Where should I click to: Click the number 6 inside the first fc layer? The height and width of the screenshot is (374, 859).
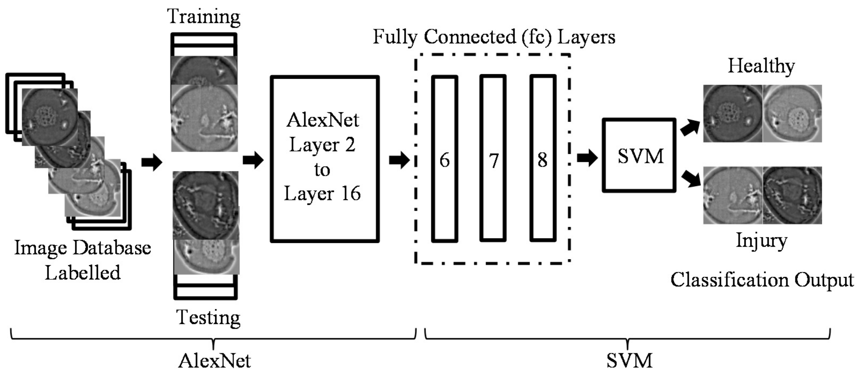pyautogui.click(x=444, y=160)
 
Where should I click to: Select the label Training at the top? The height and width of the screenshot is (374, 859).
pyautogui.click(x=204, y=16)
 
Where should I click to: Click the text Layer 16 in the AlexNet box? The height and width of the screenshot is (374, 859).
pyautogui.click(x=322, y=193)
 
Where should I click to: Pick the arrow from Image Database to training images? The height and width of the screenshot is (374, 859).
pyautogui.click(x=152, y=162)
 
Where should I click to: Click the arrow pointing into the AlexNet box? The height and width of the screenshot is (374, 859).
pyautogui.click(x=253, y=160)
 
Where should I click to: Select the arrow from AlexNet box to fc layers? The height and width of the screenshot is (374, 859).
pyautogui.click(x=399, y=160)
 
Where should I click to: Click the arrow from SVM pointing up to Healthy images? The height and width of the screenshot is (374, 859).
pyautogui.click(x=690, y=128)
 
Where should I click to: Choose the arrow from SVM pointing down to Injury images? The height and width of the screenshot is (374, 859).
pyautogui.click(x=691, y=179)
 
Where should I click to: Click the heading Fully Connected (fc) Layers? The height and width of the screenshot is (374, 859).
pyautogui.click(x=494, y=37)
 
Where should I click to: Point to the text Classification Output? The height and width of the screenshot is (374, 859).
pyautogui.click(x=762, y=280)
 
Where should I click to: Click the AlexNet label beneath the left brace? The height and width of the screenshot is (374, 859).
pyautogui.click(x=214, y=361)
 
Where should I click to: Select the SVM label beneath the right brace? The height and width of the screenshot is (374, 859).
pyautogui.click(x=629, y=361)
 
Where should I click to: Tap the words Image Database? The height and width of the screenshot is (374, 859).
pyautogui.click(x=83, y=248)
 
